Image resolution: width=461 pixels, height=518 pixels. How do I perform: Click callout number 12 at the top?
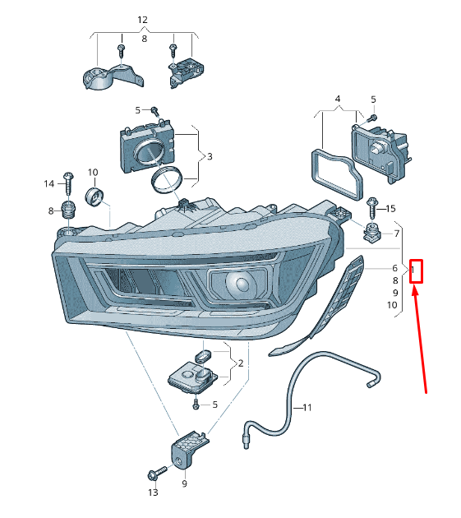142,19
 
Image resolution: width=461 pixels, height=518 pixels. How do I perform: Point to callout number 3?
210,156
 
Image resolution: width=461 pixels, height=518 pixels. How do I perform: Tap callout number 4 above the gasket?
337,99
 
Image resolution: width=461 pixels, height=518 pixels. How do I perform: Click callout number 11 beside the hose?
307,407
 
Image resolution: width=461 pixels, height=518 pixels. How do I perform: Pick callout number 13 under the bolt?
152,493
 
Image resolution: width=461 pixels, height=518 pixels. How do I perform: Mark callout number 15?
390,209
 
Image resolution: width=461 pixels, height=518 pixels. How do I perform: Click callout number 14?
48,183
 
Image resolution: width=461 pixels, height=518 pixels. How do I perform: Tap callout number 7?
397,234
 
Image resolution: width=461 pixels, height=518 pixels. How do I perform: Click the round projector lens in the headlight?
242,285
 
